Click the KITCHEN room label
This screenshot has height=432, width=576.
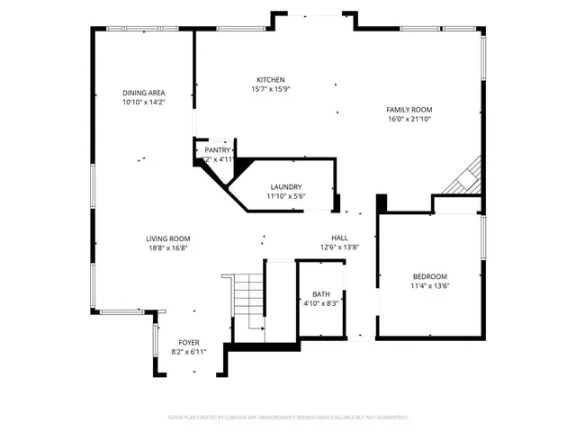point(270,79)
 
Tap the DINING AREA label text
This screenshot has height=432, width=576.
point(144,93)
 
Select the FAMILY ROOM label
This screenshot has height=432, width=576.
point(409,109)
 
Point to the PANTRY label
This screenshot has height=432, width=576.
point(217,149)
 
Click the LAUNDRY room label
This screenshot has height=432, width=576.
point(285,187)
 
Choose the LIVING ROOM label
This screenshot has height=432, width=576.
point(168,238)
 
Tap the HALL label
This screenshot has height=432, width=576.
point(339,238)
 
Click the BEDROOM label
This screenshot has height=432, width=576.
point(429,276)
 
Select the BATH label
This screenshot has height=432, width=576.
point(321,294)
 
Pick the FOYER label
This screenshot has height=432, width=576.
point(188,342)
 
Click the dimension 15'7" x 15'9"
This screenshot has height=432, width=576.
point(270,89)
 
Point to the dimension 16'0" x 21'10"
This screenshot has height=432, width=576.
point(409,119)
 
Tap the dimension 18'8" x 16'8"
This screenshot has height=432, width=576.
point(168,248)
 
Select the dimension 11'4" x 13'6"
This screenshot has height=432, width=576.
point(429,286)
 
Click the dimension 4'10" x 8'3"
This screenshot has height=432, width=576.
point(321,304)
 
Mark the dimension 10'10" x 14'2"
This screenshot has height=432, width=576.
point(144,103)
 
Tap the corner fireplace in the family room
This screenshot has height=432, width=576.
point(466,178)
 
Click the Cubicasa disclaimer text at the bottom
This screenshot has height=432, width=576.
point(288,418)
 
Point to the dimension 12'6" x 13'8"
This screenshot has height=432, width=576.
point(339,247)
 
